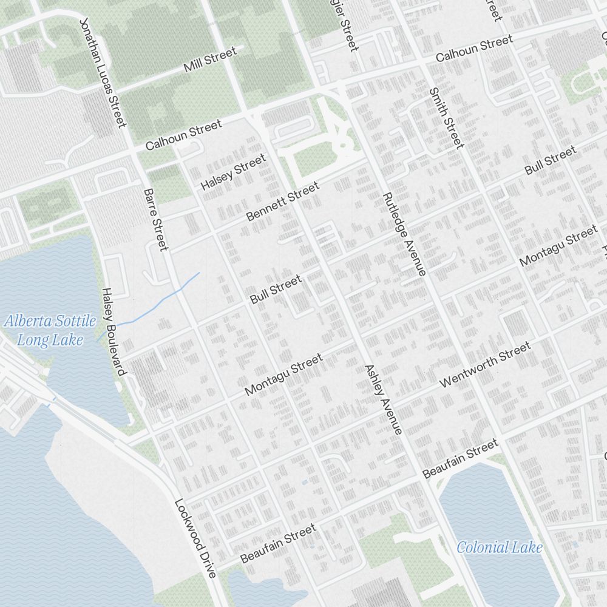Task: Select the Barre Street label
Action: click(155, 219)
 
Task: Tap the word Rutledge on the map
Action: click(395, 215)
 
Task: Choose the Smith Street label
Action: click(446, 118)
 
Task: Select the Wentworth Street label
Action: click(485, 365)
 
